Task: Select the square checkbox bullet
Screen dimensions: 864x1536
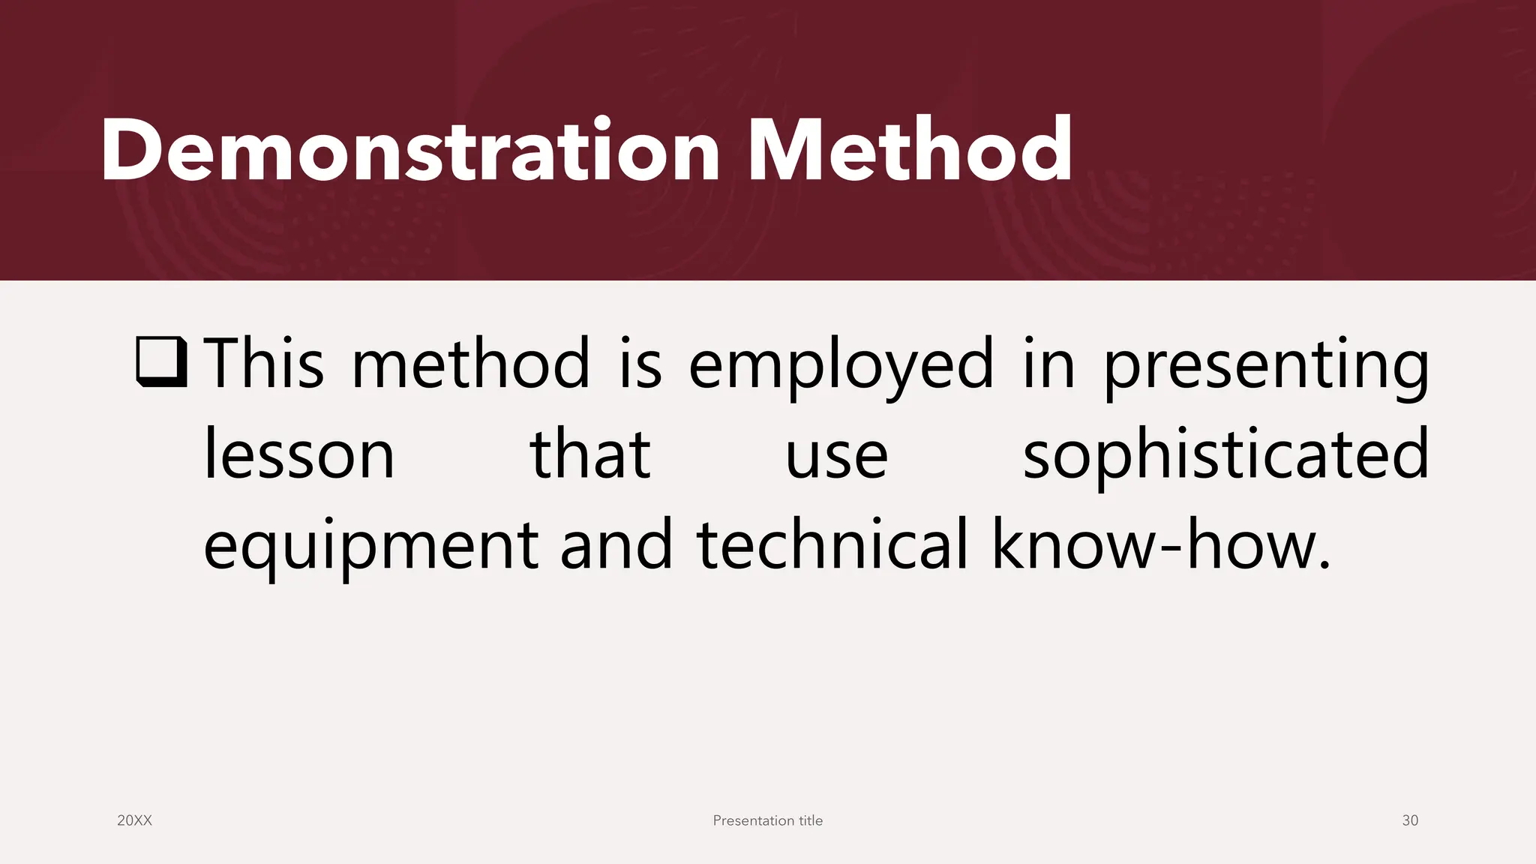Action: coord(161,362)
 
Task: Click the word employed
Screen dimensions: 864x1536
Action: coord(841,366)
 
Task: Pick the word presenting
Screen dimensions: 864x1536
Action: coord(1266,366)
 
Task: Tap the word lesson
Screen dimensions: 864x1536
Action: coord(299,454)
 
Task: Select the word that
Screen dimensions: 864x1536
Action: coord(590,454)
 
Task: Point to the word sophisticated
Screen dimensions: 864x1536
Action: coord(1225,454)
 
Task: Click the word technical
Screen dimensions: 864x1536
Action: coord(832,544)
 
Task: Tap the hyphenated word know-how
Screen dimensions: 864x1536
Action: coord(1161,544)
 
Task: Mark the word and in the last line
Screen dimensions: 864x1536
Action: coord(616,544)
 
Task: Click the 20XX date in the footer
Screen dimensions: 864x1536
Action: coord(135,820)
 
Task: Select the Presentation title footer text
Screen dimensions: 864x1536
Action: coord(767,820)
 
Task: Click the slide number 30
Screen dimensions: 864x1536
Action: coord(1410,820)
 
